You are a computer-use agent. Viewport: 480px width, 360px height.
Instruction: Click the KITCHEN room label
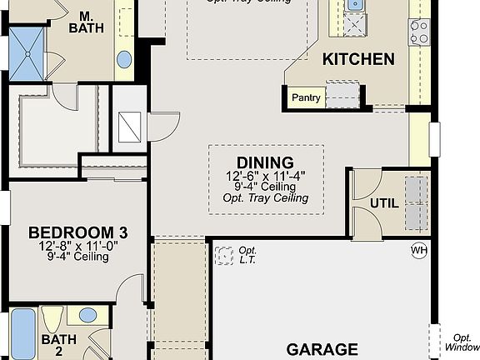pyautogui.click(x=358, y=59)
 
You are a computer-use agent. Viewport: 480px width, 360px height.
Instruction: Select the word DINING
pyautogui.click(x=265, y=162)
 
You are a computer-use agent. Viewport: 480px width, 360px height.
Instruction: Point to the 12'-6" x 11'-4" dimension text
pyautogui.click(x=265, y=177)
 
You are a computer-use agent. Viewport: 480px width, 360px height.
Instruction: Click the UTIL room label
pyautogui.click(x=383, y=202)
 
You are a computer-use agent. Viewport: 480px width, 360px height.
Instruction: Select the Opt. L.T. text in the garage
pyautogui.click(x=247, y=254)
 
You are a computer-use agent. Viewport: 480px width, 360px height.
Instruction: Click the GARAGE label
pyautogui.click(x=322, y=349)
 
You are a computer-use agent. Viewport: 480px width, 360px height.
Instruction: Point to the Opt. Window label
pyautogui.click(x=462, y=340)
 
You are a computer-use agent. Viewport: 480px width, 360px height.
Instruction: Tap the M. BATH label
pyautogui.click(x=86, y=22)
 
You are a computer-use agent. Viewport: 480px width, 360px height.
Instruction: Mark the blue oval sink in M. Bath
pyautogui.click(x=124, y=59)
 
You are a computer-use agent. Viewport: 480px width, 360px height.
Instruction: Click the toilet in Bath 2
pyautogui.click(x=52, y=320)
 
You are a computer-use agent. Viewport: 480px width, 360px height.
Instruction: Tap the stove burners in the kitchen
pyautogui.click(x=418, y=32)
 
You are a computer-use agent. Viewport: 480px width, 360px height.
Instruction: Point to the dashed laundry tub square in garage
pyautogui.click(x=223, y=254)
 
